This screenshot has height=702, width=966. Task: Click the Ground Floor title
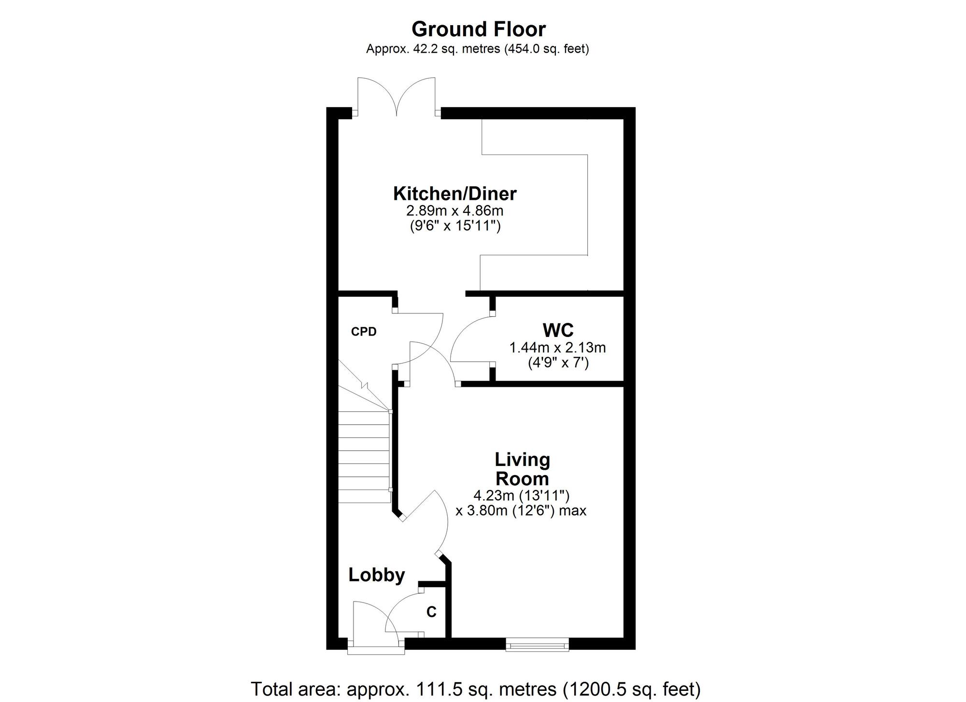click(x=479, y=29)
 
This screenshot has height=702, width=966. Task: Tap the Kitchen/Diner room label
click(x=455, y=194)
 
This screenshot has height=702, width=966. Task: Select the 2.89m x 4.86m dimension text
click(x=455, y=211)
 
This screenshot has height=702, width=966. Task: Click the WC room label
click(x=558, y=330)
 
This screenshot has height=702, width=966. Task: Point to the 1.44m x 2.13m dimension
click(x=558, y=347)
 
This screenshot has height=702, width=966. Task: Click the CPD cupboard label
click(x=364, y=332)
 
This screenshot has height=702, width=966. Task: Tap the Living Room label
click(x=522, y=469)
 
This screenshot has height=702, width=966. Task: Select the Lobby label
click(x=377, y=575)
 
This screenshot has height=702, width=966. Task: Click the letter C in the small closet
click(x=431, y=612)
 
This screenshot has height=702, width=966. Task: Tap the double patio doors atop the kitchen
click(x=397, y=97)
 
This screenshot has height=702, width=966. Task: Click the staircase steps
click(x=364, y=456)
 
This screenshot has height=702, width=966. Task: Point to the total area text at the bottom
click(x=476, y=689)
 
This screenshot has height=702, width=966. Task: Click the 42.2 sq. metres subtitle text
click(x=478, y=49)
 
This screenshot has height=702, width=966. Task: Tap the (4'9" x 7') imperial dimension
click(x=558, y=363)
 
